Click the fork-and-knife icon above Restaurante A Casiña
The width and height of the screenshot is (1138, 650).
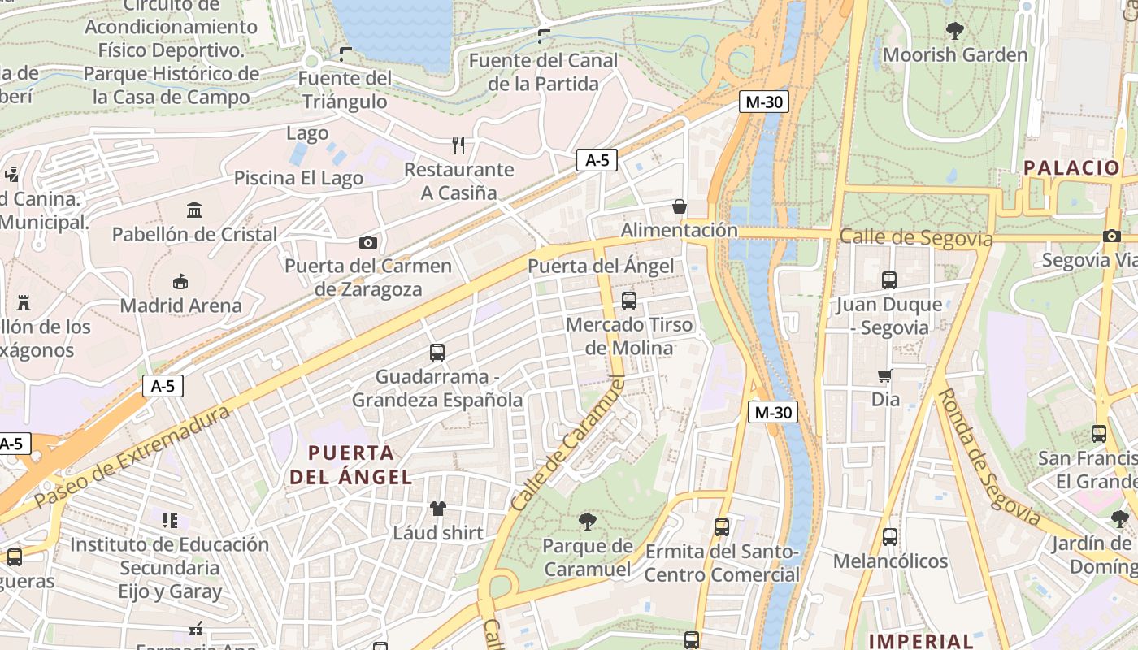tap(458, 145)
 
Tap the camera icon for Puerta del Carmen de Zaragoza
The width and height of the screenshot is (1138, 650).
tap(367, 242)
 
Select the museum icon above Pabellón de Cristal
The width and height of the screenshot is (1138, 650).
tap(194, 210)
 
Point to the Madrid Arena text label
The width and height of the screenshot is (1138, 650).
tap(180, 305)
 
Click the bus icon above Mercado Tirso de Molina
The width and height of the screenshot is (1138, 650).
tap(628, 301)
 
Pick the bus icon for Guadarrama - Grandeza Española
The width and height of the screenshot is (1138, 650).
tap(437, 353)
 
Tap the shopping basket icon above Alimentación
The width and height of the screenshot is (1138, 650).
tap(679, 206)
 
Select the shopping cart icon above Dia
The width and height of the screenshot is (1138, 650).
tap(885, 375)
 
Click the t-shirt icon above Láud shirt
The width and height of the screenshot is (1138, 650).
tap(438, 509)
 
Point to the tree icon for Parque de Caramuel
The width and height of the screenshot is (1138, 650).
tap(587, 521)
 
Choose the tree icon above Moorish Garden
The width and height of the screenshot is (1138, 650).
tap(955, 31)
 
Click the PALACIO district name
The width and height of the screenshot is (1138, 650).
tap(1071, 168)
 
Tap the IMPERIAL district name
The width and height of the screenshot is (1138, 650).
tap(920, 640)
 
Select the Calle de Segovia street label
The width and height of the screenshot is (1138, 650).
tap(915, 238)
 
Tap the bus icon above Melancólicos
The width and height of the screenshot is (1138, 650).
tap(890, 537)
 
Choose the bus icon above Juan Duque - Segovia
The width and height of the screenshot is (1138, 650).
tap(888, 280)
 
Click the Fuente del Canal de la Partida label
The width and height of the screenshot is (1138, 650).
tap(544, 71)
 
